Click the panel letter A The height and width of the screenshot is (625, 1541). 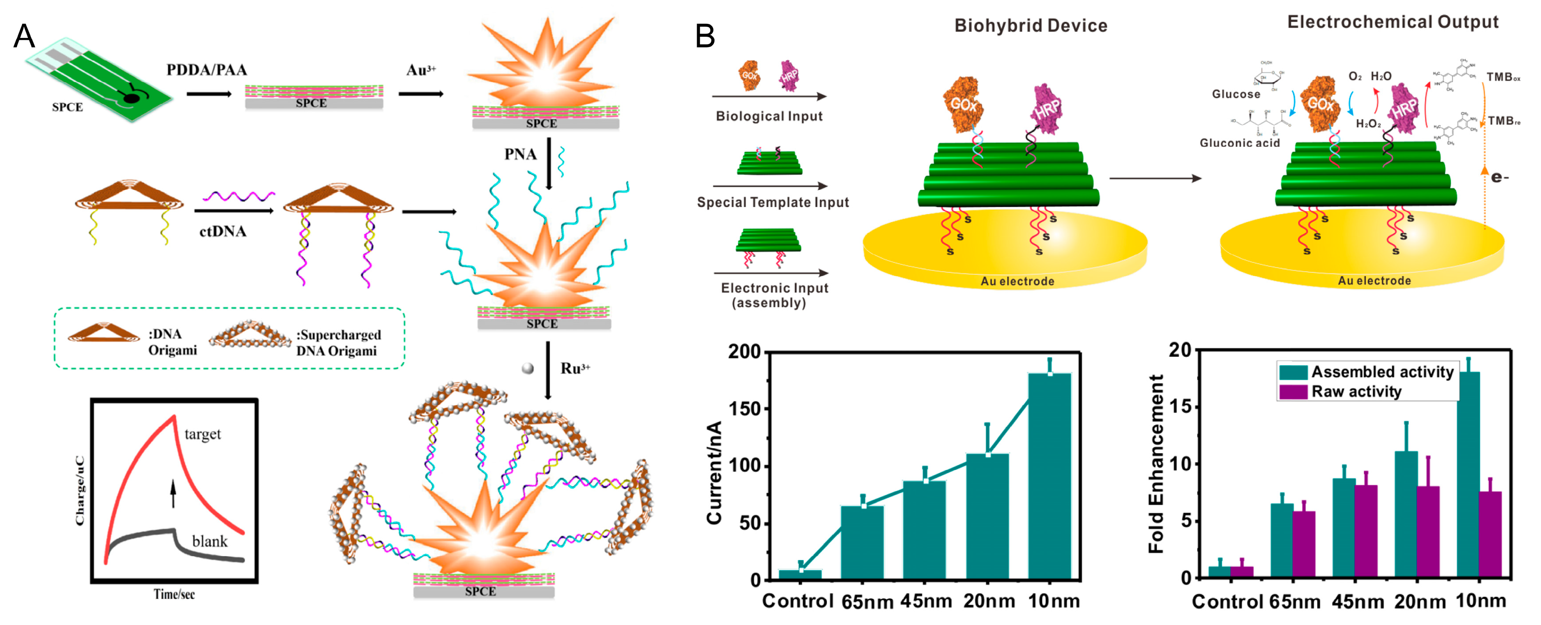24,37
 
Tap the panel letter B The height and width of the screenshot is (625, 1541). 705,37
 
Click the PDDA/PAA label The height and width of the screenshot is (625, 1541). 206,70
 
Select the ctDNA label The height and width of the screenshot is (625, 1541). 223,231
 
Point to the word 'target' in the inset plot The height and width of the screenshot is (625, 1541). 202,434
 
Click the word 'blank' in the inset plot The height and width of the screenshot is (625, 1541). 209,541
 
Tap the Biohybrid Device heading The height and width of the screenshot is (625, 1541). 1030,26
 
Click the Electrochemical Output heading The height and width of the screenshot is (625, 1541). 1392,22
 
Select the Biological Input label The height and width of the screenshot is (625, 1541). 769,116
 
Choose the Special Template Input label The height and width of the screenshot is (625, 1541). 772,202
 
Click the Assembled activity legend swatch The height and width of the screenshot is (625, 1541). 1293,372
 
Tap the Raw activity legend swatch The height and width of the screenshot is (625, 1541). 1293,392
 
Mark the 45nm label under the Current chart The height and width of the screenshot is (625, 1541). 926,600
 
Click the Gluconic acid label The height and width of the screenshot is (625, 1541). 1240,143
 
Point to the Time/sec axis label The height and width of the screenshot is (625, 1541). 174,594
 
